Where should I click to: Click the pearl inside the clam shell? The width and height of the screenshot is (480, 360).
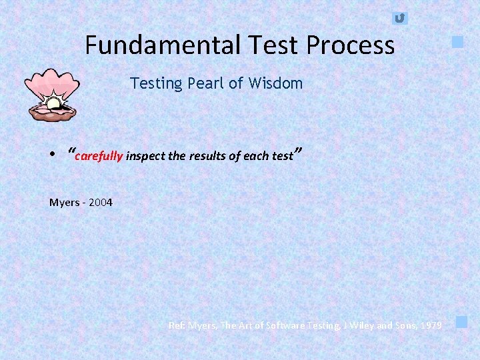click(53, 103)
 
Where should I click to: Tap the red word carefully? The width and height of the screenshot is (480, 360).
click(99, 157)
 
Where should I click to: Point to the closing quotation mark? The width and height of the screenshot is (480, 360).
click(299, 151)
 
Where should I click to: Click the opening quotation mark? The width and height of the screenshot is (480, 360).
click(71, 151)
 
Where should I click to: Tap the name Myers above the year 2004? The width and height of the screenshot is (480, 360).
click(64, 202)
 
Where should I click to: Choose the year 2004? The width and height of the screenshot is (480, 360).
click(100, 202)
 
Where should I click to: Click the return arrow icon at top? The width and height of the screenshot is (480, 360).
click(399, 18)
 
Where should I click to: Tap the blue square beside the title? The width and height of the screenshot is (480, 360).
click(457, 42)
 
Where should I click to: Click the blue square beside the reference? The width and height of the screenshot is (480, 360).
click(461, 323)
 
